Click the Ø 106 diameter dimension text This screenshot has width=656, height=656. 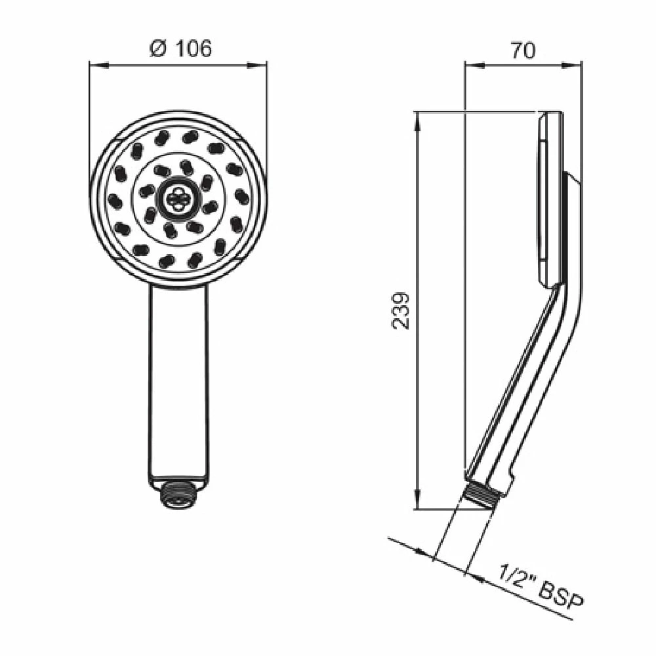180,49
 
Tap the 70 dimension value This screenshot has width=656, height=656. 523,51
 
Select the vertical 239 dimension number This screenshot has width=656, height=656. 403,310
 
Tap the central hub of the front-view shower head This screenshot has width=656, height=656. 178,197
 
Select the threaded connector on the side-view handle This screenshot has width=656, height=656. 483,494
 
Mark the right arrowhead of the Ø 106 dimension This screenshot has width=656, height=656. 262,64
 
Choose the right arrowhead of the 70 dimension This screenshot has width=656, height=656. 577,64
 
